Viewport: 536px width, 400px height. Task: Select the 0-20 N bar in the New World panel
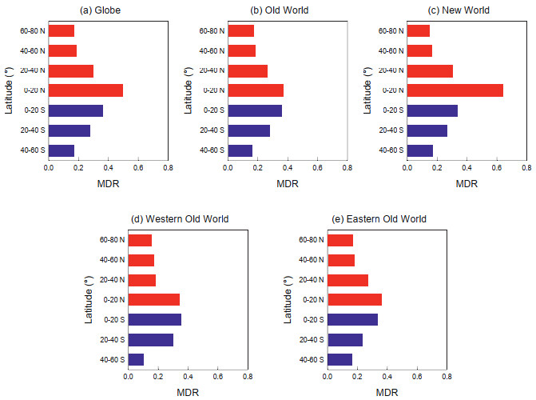coord(455,90)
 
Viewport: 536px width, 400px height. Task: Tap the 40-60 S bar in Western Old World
coord(136,359)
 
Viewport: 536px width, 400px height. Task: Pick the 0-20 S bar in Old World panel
coord(255,110)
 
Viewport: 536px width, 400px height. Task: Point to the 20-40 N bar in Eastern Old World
coord(347,280)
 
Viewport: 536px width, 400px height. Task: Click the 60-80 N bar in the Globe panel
coord(62,30)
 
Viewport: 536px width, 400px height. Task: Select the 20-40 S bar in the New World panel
coord(427,130)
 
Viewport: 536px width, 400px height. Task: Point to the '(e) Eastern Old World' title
coord(387,219)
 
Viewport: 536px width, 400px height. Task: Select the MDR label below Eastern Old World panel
coord(387,392)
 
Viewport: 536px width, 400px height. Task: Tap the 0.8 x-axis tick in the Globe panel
coord(168,169)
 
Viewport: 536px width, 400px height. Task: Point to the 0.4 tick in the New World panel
coord(467,169)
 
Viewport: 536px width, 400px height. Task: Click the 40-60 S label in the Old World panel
coord(212,150)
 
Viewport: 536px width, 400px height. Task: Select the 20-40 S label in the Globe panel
coord(32,130)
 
